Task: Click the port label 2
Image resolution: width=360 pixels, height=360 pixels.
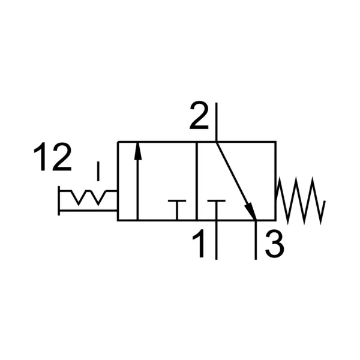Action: tap(199, 115)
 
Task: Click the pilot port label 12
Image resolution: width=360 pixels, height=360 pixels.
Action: tap(53, 157)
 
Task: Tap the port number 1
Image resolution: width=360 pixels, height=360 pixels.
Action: tap(199, 243)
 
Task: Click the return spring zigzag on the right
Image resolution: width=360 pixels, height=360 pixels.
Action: tap(301, 200)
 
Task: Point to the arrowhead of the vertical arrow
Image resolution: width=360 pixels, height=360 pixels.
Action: tap(138, 151)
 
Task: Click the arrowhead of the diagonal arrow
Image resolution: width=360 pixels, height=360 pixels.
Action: tap(251, 211)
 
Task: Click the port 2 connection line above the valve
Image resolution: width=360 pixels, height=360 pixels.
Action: tap(216, 122)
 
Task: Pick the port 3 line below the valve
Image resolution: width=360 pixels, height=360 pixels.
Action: tap(256, 240)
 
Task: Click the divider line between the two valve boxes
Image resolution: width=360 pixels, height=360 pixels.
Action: tap(197, 181)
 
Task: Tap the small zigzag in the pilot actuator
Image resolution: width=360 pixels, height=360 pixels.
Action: tap(88, 197)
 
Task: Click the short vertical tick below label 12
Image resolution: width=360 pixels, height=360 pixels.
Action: tap(98, 171)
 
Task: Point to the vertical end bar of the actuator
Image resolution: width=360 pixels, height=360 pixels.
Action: tap(59, 200)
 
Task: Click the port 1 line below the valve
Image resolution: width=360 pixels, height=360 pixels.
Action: tap(216, 240)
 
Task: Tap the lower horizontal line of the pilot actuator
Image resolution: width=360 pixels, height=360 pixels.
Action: tap(88, 210)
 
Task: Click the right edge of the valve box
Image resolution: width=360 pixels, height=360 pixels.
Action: tap(276, 181)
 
